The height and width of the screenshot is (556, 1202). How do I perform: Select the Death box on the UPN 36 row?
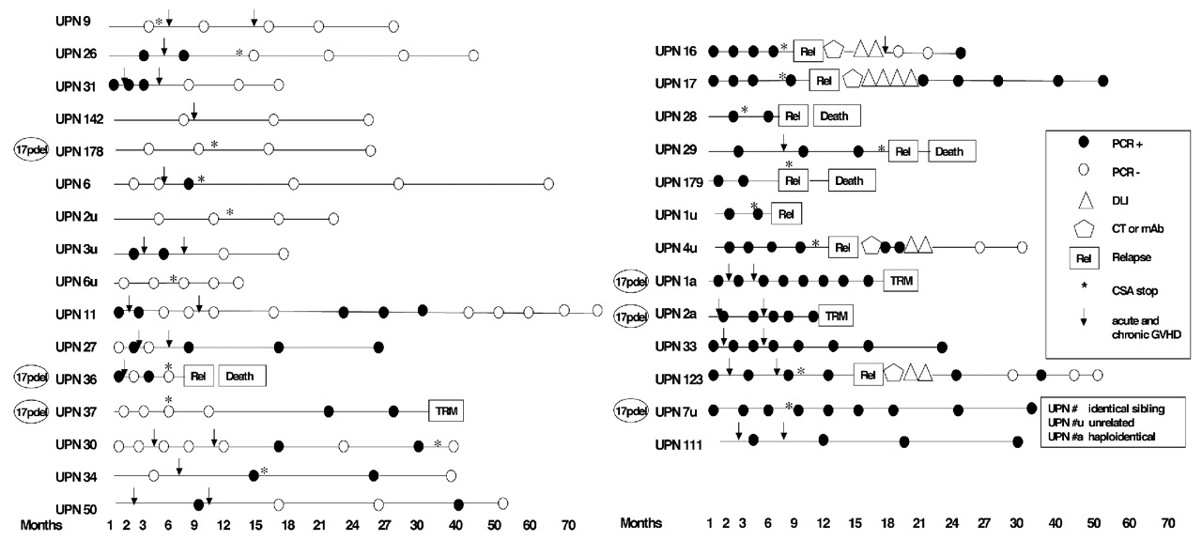242,376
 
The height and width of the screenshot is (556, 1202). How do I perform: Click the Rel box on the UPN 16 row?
807,51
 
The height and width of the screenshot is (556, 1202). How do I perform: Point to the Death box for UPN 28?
836,116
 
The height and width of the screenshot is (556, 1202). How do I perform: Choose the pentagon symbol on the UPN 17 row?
853,82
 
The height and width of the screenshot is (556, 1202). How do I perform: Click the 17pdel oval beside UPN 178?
34,150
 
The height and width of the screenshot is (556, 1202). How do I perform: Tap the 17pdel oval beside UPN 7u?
633,409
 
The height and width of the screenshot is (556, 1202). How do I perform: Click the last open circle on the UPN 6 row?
548,184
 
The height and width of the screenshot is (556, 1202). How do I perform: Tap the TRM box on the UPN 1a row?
900,280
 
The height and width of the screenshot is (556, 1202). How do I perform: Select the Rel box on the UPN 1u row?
785,214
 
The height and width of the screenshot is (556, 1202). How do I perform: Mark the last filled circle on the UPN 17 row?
1102,82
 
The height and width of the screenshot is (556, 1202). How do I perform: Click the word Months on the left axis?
41,525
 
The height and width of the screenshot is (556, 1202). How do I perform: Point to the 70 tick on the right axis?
1167,522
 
